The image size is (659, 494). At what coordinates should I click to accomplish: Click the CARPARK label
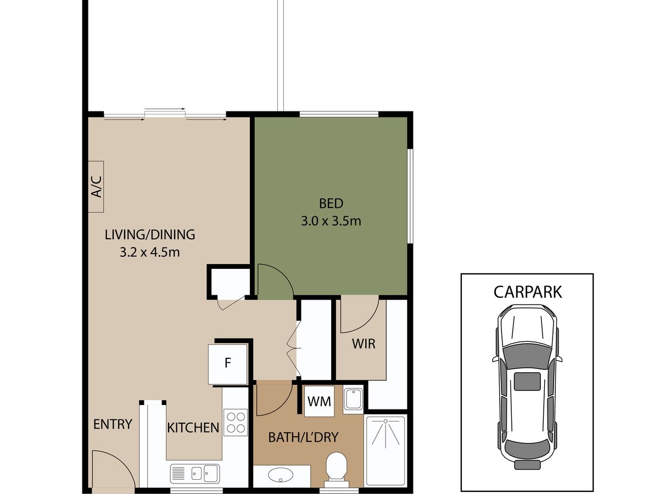tap(528, 292)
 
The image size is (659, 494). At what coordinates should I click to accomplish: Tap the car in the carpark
tap(527, 387)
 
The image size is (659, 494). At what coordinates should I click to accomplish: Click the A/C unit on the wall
tap(96, 187)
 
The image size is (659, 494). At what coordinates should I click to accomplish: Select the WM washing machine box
tap(319, 401)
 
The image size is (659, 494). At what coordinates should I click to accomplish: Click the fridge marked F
tap(228, 364)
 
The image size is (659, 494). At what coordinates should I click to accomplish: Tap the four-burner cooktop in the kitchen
tap(236, 422)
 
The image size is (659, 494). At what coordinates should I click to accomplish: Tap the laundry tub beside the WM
tap(353, 398)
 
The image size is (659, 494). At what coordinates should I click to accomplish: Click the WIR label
tap(364, 344)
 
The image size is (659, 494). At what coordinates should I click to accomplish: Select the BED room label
tap(331, 204)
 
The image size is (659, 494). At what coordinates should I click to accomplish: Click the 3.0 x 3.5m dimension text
tap(331, 221)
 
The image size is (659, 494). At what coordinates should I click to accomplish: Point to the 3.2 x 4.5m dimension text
tap(150, 252)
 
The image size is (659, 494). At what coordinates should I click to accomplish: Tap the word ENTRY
tap(113, 424)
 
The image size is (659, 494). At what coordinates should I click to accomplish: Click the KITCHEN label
tap(193, 428)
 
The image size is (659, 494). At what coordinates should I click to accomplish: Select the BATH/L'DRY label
tap(303, 437)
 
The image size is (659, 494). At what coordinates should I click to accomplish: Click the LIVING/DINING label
tap(150, 234)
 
